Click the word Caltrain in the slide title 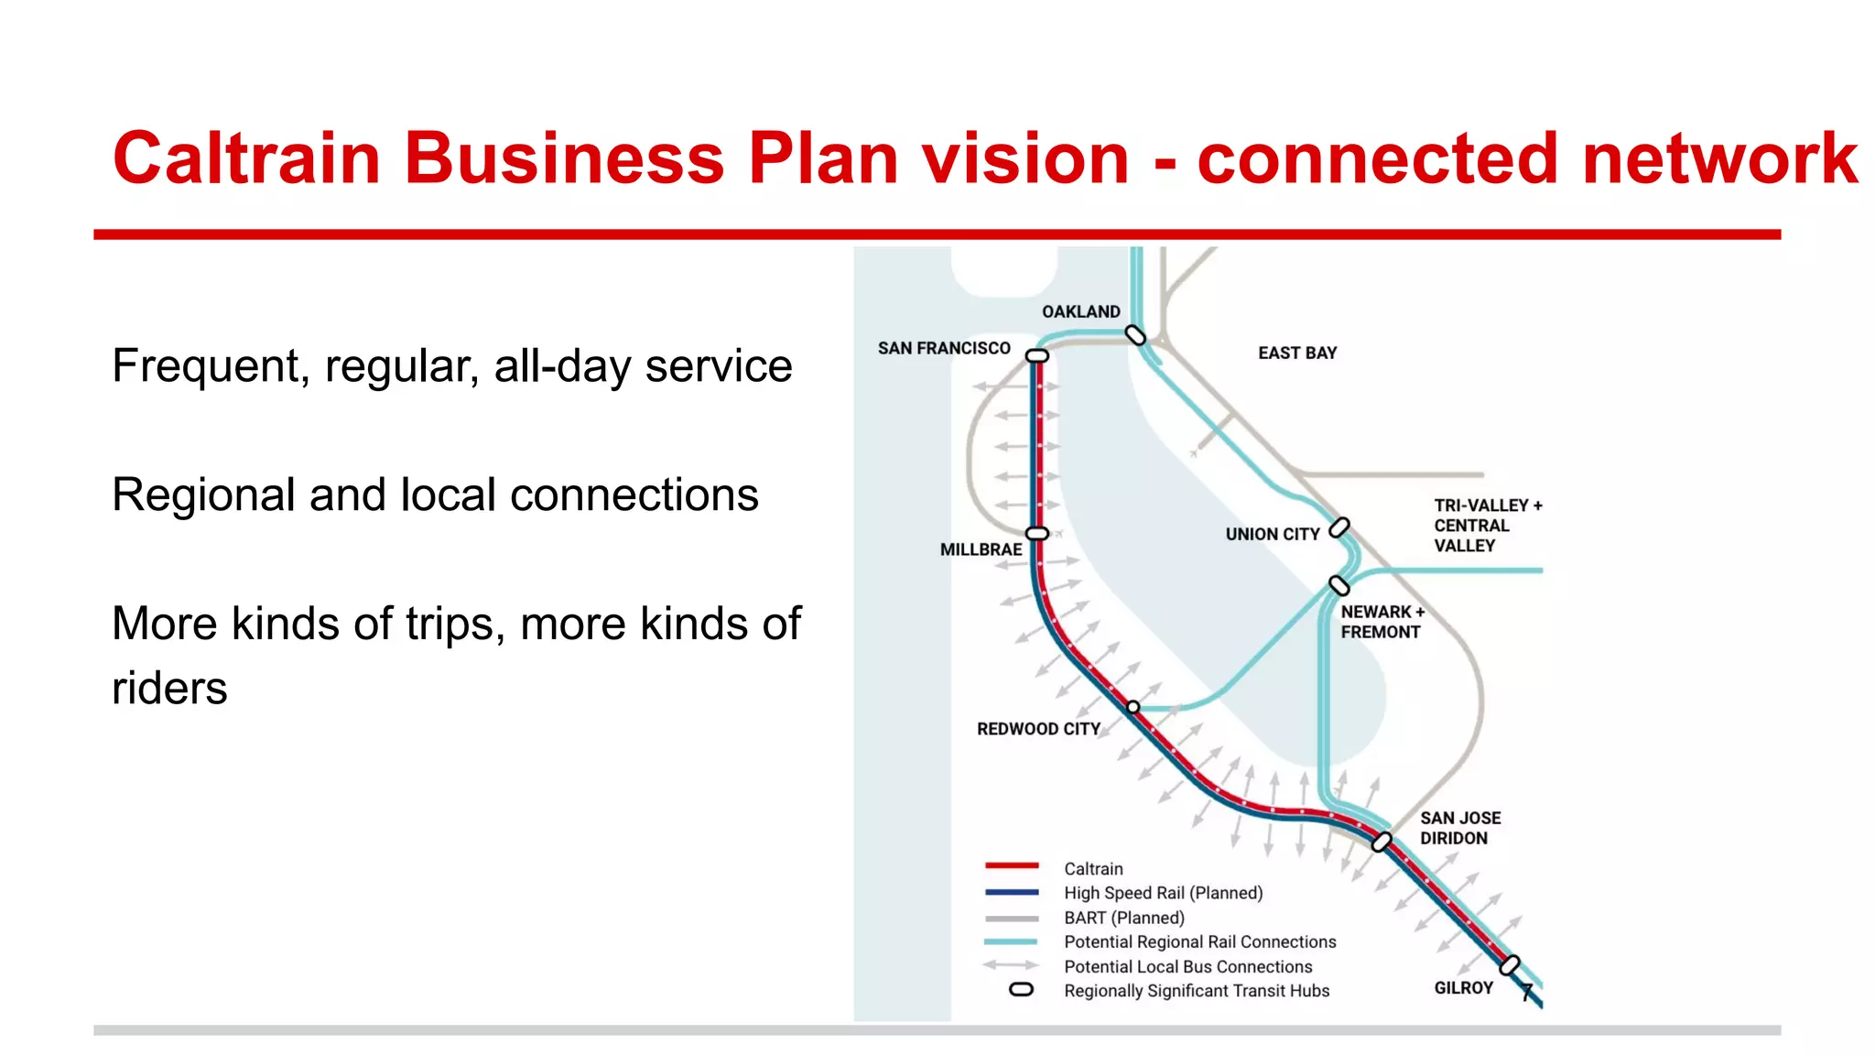(x=246, y=158)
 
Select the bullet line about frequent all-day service (x=451, y=366)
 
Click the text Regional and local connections (x=435, y=495)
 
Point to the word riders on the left (x=169, y=688)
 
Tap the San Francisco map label (x=944, y=348)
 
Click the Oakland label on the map (x=1080, y=311)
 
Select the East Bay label (x=1297, y=353)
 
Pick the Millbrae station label (x=981, y=549)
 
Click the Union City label (x=1273, y=534)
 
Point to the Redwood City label (x=1038, y=729)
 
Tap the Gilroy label (x=1463, y=988)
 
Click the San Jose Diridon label (x=1460, y=828)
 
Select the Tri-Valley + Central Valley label (x=1487, y=526)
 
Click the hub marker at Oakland (x=1135, y=335)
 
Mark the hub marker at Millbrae (x=1037, y=533)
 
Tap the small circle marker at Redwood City (x=1133, y=707)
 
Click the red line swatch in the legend (x=1012, y=865)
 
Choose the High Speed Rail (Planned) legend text (x=1163, y=893)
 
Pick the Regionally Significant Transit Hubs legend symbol (x=1021, y=990)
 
